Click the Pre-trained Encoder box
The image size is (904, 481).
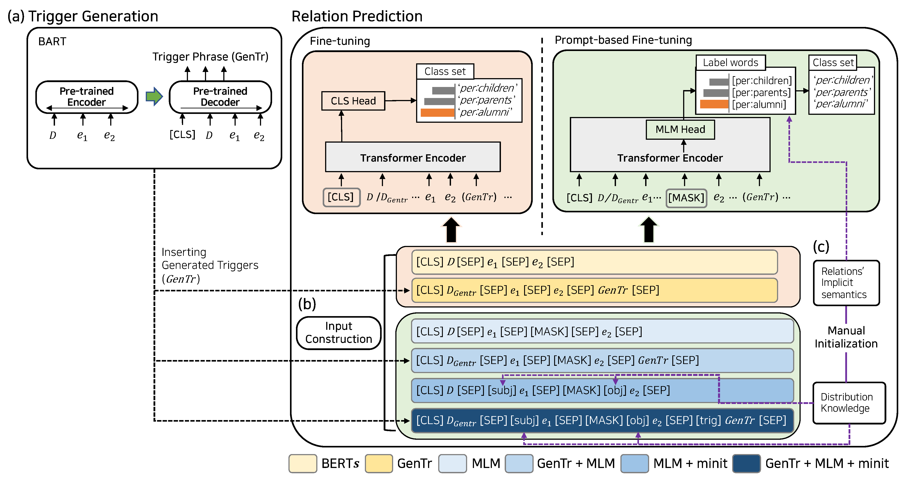click(x=87, y=97)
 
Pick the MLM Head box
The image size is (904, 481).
click(x=680, y=129)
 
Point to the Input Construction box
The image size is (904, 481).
click(x=338, y=333)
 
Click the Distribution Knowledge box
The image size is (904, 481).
click(x=849, y=403)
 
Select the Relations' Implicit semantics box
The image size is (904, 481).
click(x=846, y=283)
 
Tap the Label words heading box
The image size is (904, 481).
click(x=730, y=62)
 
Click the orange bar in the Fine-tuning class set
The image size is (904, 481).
click(x=437, y=113)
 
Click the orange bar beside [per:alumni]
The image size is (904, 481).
click(x=714, y=104)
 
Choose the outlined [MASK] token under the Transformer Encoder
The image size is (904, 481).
click(x=686, y=198)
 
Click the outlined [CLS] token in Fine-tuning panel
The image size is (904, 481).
click(x=341, y=197)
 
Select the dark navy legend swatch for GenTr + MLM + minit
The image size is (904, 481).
click(x=746, y=464)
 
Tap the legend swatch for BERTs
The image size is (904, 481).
click(x=303, y=464)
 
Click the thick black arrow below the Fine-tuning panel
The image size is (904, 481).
click(x=451, y=230)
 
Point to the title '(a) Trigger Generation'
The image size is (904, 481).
click(x=83, y=16)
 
